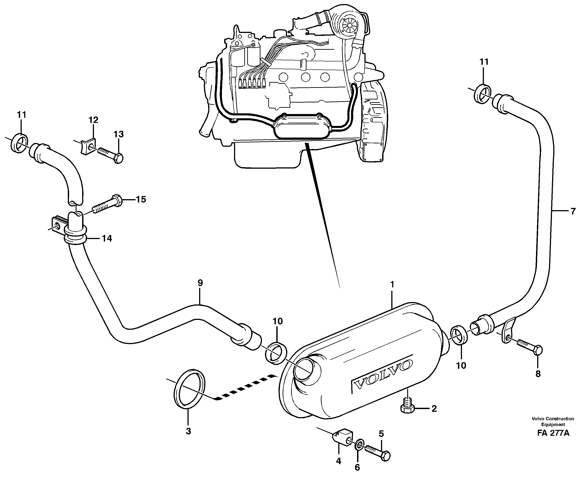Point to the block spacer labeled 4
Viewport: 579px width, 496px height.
[342, 441]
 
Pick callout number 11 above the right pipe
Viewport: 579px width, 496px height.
[484, 62]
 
